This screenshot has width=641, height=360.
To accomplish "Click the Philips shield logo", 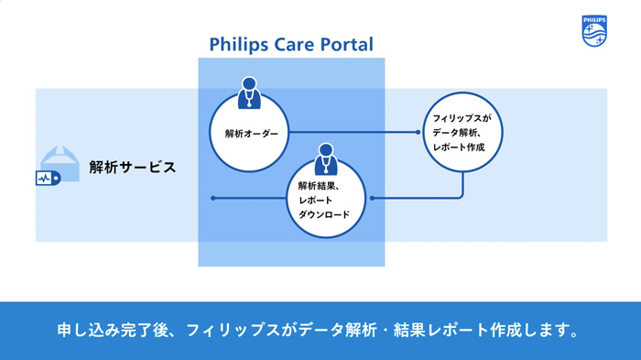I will point(593,31).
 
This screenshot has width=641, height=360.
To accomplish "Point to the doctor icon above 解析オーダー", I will point(248,92).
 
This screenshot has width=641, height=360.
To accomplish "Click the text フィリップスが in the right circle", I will point(462,118).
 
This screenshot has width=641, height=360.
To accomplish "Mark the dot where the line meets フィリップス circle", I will point(418,133).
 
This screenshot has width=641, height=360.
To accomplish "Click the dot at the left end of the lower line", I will point(213,198).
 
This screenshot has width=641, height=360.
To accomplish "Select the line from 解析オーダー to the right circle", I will point(353,133).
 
